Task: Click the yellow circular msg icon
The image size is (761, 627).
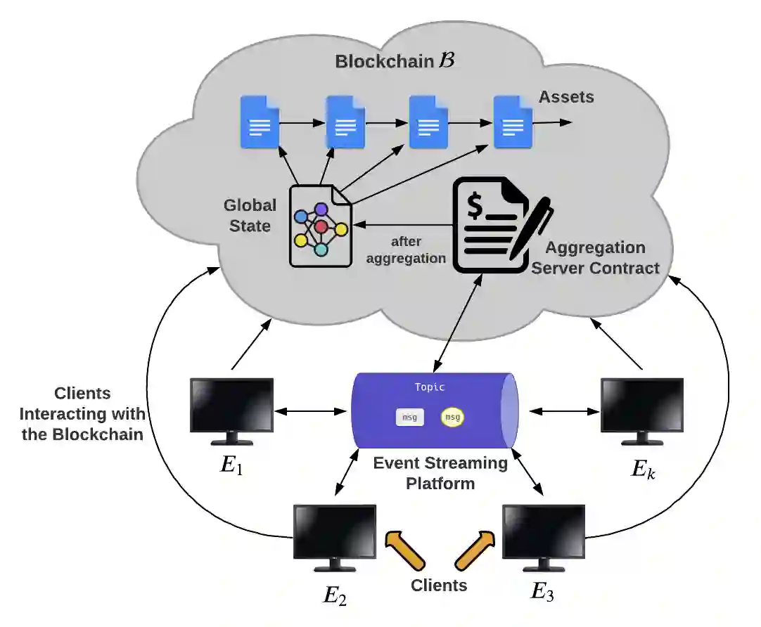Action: pyautogui.click(x=452, y=418)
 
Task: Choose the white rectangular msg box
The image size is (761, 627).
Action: pyautogui.click(x=409, y=418)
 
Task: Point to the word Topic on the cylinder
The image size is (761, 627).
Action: pyautogui.click(x=430, y=387)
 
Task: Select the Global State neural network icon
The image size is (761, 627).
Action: pyautogui.click(x=321, y=226)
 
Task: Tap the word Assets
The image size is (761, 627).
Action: pyautogui.click(x=566, y=97)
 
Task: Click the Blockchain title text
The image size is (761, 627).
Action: pyautogui.click(x=395, y=60)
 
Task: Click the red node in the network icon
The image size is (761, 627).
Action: pyautogui.click(x=321, y=226)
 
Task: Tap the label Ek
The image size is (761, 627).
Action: pyautogui.click(x=642, y=469)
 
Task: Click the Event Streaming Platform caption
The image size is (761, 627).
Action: pyautogui.click(x=440, y=473)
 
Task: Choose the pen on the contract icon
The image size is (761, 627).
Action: pyautogui.click(x=532, y=228)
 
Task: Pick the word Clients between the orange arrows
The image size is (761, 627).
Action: pyautogui.click(x=439, y=585)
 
